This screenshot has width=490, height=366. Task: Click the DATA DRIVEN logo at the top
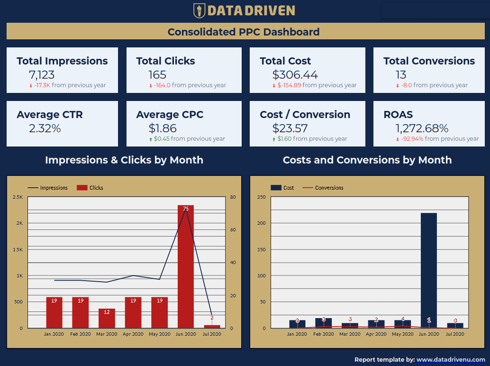pyautogui.click(x=244, y=10)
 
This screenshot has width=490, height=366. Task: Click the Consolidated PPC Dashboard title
pyautogui.click(x=244, y=32)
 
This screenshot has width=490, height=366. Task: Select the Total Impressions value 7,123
pyautogui.click(x=42, y=75)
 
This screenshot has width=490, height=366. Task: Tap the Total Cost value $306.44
pyautogui.click(x=295, y=75)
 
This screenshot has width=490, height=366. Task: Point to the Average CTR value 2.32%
pyautogui.click(x=44, y=128)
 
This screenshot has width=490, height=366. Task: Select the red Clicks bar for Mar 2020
pyautogui.click(x=107, y=318)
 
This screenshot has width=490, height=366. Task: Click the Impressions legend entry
pyautogui.click(x=48, y=188)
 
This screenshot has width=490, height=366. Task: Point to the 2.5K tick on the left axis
pyautogui.click(x=18, y=198)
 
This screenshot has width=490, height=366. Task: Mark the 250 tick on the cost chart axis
pyautogui.click(x=262, y=198)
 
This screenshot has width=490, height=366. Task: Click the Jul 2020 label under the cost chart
pyautogui.click(x=455, y=334)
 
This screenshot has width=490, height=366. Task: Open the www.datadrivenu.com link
pyautogui.click(x=450, y=360)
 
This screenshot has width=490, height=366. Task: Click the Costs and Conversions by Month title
pyautogui.click(x=367, y=160)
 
